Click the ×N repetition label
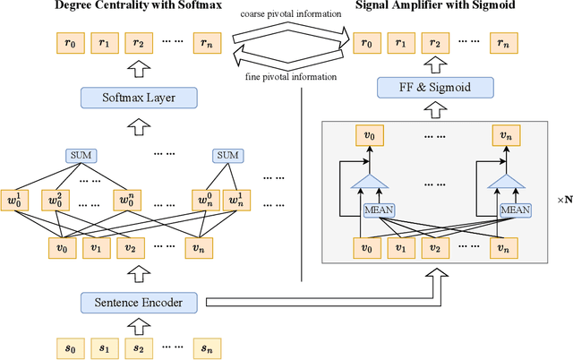(x=564, y=201)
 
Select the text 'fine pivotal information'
(x=292, y=76)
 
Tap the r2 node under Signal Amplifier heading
(x=435, y=42)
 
